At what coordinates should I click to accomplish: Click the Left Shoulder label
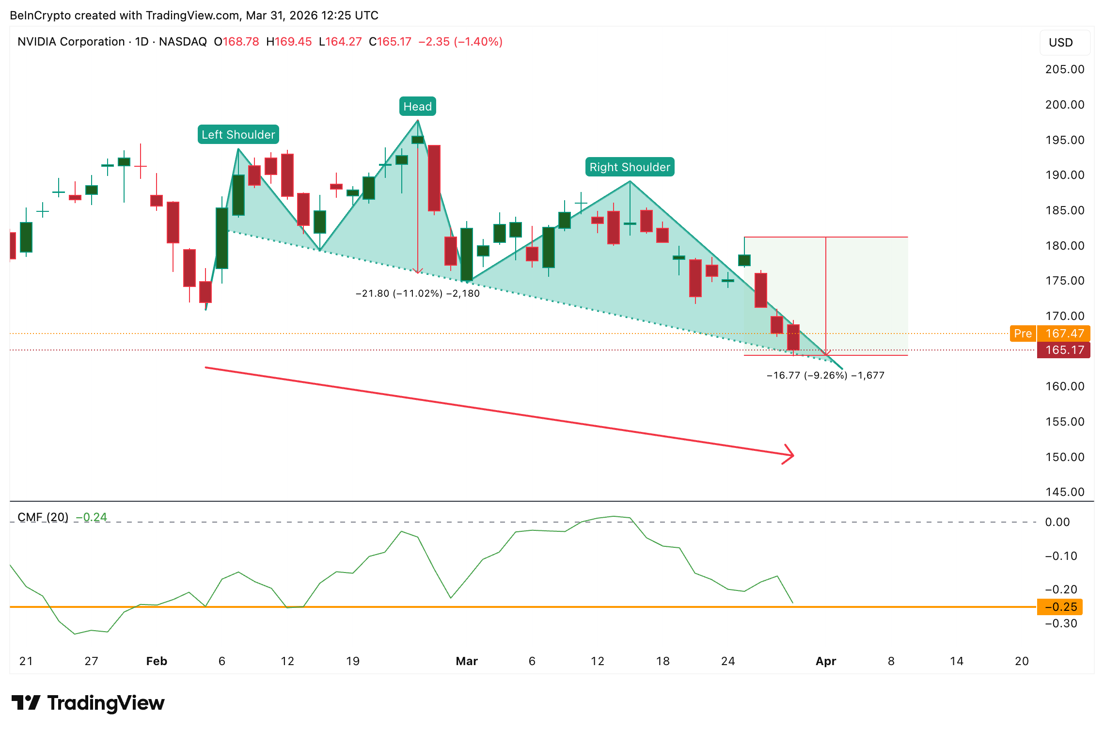pyautogui.click(x=238, y=134)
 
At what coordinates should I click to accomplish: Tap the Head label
pyautogui.click(x=417, y=106)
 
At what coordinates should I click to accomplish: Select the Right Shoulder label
pyautogui.click(x=630, y=167)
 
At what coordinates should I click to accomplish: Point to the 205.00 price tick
pyautogui.click(x=1065, y=69)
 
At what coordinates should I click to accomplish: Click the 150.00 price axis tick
pyautogui.click(x=1065, y=457)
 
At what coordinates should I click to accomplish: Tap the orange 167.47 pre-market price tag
pyautogui.click(x=1064, y=334)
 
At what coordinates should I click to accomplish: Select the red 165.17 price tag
pyautogui.click(x=1064, y=350)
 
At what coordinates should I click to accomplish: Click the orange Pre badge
pyautogui.click(x=1023, y=334)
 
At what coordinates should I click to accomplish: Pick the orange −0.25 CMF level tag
pyautogui.click(x=1060, y=607)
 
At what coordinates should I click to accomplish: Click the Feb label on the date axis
pyautogui.click(x=157, y=661)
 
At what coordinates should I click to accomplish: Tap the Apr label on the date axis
pyautogui.click(x=826, y=661)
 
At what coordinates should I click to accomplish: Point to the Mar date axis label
pyautogui.click(x=467, y=661)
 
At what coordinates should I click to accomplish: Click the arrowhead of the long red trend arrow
pyautogui.click(x=790, y=455)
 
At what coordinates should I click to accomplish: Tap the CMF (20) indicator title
pyautogui.click(x=43, y=517)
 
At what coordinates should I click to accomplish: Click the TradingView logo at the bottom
pyautogui.click(x=88, y=703)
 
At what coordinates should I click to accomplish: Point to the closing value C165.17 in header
pyautogui.click(x=390, y=42)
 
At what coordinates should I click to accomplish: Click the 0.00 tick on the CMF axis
pyautogui.click(x=1057, y=522)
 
